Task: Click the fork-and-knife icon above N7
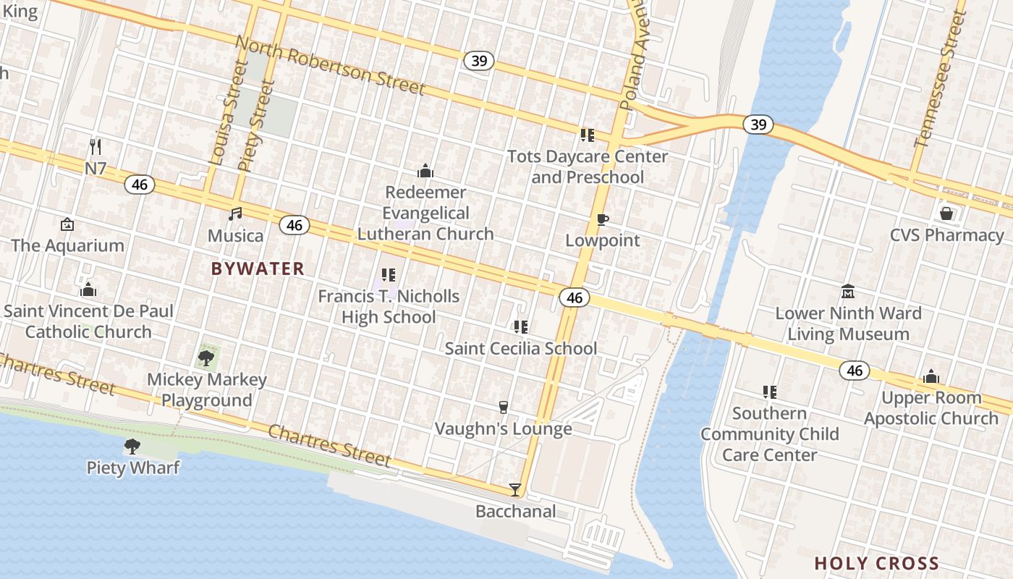click(x=96, y=146)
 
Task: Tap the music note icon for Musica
click(x=235, y=214)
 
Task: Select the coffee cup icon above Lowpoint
click(x=602, y=219)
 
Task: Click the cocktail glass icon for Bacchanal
click(x=514, y=490)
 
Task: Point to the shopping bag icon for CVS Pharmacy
click(x=946, y=214)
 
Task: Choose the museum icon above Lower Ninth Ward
click(x=848, y=291)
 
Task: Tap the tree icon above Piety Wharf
click(x=132, y=446)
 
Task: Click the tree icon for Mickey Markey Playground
click(x=206, y=357)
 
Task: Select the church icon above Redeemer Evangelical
click(x=425, y=171)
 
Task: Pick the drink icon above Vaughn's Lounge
click(x=504, y=407)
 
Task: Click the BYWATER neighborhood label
click(x=258, y=269)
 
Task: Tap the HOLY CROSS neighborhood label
click(x=876, y=563)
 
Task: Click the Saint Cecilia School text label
click(x=521, y=348)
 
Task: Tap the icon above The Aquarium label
click(x=67, y=224)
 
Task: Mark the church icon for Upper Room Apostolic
click(x=931, y=376)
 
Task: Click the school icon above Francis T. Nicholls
click(x=389, y=275)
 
